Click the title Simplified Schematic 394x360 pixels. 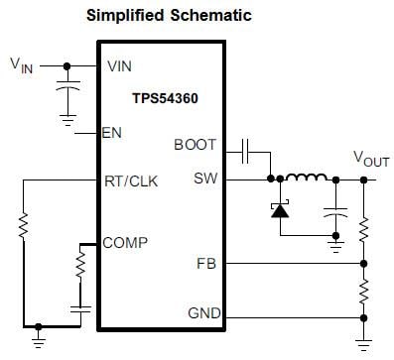pos(168,16)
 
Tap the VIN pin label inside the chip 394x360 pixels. pos(119,65)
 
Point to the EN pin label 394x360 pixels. pos(112,133)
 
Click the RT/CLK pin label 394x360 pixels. pos(129,180)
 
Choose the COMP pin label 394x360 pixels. pos(125,241)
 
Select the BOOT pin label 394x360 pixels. pos(195,145)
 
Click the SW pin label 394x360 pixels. pos(204,180)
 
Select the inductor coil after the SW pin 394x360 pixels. pos(307,179)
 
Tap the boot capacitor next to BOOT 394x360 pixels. pos(248,153)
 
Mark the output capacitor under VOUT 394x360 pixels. pos(337,212)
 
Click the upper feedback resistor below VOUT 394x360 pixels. pos(366,227)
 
